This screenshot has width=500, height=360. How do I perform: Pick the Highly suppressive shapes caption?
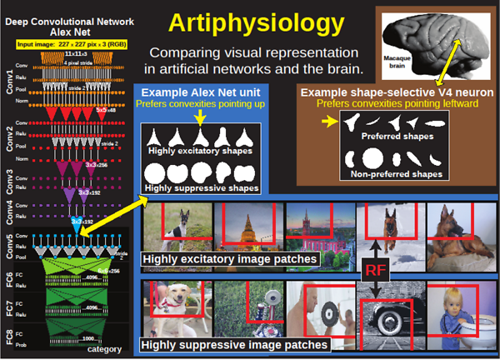(x=200, y=189)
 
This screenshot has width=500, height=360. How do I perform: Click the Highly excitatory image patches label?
(x=231, y=260)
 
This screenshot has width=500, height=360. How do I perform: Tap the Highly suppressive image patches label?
(x=234, y=343)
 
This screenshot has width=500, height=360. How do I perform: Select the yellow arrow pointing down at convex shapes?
(x=199, y=119)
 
